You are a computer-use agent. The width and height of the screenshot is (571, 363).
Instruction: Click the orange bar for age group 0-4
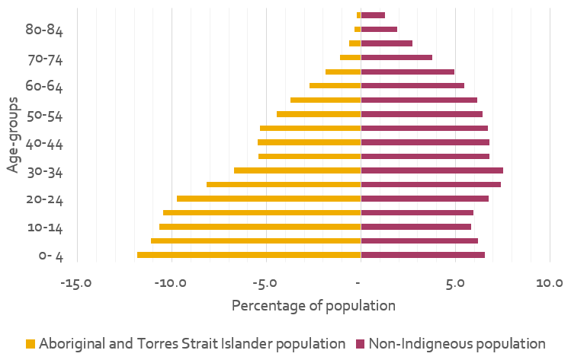249,255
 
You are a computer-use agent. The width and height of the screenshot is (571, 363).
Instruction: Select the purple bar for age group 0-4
422,255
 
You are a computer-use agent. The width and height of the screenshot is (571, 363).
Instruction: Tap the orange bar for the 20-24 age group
268,199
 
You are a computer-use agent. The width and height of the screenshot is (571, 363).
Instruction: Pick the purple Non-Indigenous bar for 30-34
431,170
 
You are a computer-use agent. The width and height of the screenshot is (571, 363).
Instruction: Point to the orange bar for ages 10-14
259,227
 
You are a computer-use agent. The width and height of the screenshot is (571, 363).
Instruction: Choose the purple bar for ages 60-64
412,86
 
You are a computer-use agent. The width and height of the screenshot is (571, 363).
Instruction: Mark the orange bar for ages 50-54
318,114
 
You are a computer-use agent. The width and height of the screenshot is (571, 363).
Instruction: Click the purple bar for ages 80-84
379,30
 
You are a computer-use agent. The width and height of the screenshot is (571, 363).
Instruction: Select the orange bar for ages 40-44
309,142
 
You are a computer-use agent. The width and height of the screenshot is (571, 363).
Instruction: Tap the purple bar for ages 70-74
396,58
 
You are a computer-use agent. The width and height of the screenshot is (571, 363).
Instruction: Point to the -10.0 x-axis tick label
171,284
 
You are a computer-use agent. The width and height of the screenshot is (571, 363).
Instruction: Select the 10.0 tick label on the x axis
550,284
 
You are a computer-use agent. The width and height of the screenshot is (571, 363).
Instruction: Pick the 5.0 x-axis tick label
455,284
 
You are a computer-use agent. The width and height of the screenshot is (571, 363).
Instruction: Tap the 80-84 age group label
43,30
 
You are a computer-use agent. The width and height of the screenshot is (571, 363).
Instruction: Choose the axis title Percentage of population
313,306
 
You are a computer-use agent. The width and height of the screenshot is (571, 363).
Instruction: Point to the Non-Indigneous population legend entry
457,343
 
